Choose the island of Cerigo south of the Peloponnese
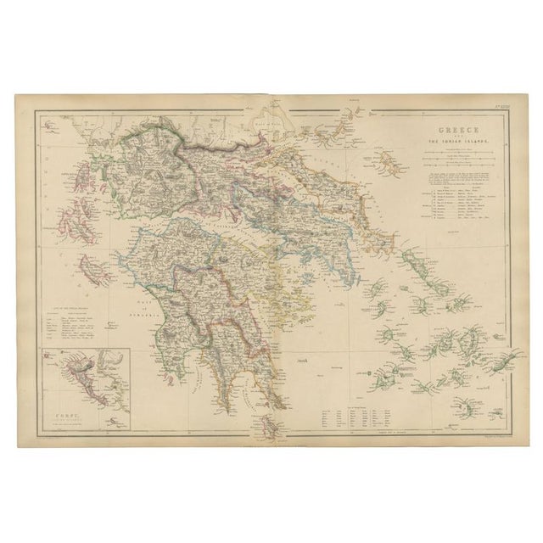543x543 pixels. [x=271, y=423]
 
